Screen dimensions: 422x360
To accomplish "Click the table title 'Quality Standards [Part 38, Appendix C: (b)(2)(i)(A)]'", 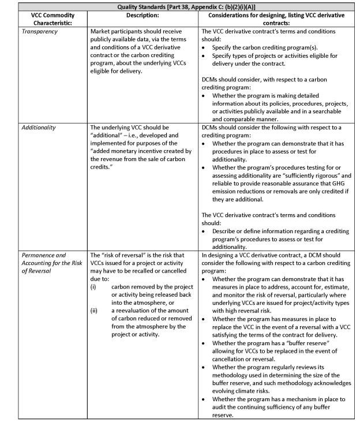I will (x=179, y=6).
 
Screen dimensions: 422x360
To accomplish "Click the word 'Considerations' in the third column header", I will (x=229, y=14).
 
